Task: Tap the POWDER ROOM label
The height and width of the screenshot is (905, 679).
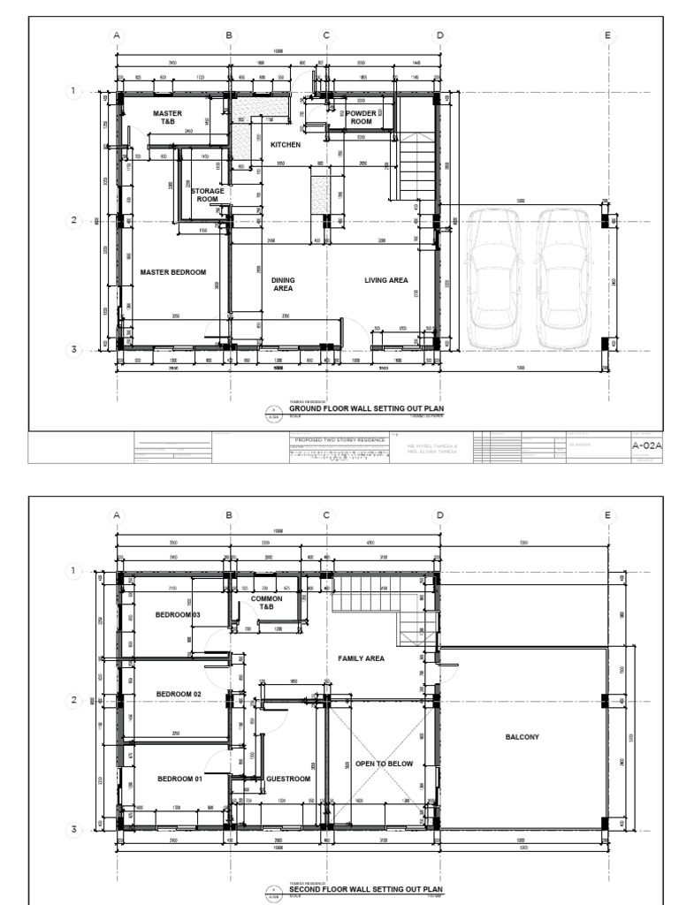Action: (x=361, y=118)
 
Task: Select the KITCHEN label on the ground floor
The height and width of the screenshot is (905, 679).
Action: (x=286, y=144)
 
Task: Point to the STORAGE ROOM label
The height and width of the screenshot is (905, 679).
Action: (x=208, y=195)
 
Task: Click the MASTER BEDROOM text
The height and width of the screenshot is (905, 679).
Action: (x=172, y=272)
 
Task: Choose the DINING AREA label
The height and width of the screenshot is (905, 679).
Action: (x=283, y=284)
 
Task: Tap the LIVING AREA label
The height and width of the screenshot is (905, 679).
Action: (x=386, y=280)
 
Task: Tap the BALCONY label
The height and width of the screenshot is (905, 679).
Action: (x=522, y=736)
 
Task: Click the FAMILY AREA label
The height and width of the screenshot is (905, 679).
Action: (x=361, y=658)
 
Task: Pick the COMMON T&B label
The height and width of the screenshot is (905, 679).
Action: (x=266, y=603)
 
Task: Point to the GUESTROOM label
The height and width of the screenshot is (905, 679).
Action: (x=288, y=779)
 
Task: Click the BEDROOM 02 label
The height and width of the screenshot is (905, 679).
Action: (x=179, y=695)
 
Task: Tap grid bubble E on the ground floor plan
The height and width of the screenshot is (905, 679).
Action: (x=607, y=35)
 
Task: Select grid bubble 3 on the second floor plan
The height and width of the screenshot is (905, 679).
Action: (x=76, y=829)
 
